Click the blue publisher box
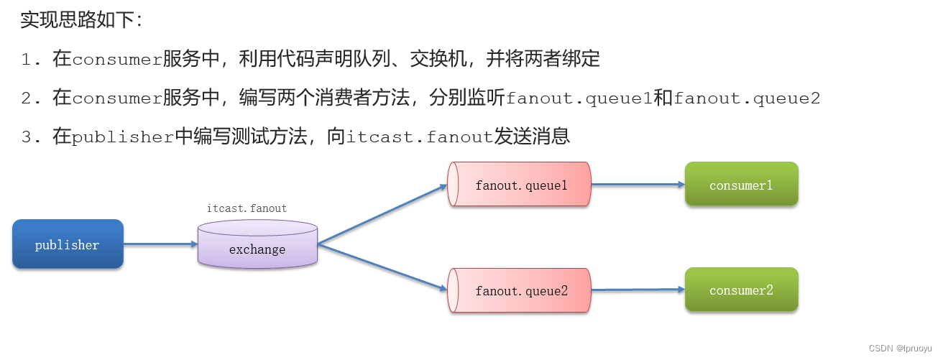68,244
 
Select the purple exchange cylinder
257,245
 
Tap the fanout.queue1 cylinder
520,185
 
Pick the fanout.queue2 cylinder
520,291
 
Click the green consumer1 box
741,185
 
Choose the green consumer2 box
741,290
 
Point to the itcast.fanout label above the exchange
247,208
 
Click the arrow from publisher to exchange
160,244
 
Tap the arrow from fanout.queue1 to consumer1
638,184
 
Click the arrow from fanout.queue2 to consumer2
638,290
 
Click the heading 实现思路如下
81,19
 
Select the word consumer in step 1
117,60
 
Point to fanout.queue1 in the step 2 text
579,98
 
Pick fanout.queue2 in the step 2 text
747,98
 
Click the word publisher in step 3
123,137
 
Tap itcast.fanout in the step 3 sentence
420,137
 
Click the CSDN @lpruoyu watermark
900,348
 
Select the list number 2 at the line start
27,98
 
